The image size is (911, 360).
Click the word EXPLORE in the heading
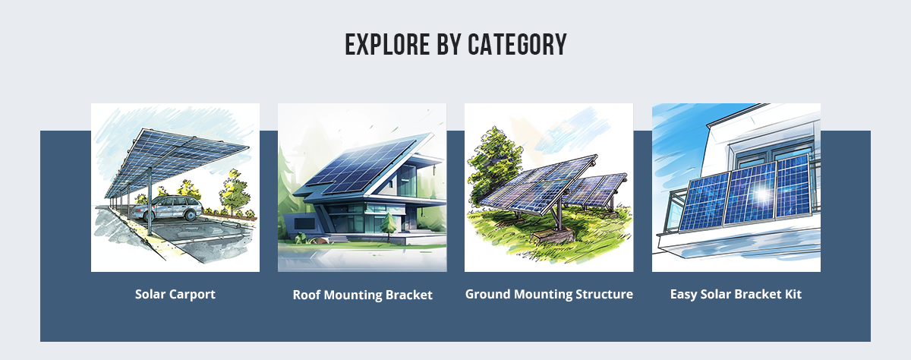pos(387,44)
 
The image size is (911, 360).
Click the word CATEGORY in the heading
pos(517,44)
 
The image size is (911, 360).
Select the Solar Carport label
pos(175,294)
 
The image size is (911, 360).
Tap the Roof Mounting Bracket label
pos(362,295)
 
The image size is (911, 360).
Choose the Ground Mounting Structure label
pos(549,294)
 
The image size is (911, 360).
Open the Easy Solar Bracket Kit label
pos(736,294)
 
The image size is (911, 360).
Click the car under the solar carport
pos(167,208)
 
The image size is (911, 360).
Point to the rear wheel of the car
pos(191,214)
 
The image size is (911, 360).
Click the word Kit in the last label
pos(793,294)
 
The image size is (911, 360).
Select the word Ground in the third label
pos(487,294)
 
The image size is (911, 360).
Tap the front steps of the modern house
pos(339,238)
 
